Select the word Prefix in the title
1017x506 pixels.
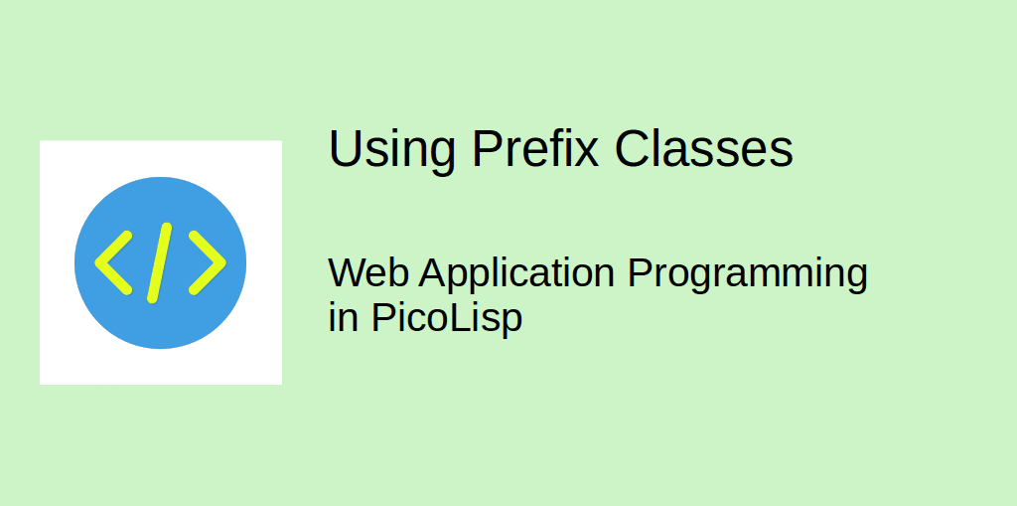click(x=535, y=149)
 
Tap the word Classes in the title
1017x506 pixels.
click(x=704, y=149)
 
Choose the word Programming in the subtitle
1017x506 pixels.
click(x=748, y=274)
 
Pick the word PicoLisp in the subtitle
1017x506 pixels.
click(x=447, y=320)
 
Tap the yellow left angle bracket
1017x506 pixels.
click(x=113, y=262)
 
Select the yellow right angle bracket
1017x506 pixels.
click(x=208, y=262)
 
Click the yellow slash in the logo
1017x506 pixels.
click(x=160, y=262)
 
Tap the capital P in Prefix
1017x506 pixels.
click(x=486, y=149)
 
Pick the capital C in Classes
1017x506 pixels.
click(x=633, y=149)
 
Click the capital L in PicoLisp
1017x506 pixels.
click(x=466, y=319)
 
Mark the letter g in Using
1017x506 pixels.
click(x=440, y=156)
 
